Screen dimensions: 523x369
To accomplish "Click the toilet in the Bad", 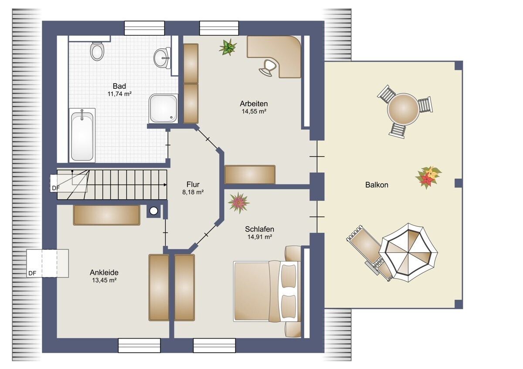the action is click(97, 51).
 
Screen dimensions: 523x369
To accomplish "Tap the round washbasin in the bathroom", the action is click(162, 58).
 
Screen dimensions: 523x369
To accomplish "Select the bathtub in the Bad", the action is click(82, 135).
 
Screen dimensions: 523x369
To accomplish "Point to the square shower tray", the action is click(163, 108).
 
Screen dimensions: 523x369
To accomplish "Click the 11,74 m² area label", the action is click(119, 94).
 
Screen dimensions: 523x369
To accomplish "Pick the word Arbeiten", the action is click(254, 104).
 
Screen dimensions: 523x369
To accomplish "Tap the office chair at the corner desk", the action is click(268, 67).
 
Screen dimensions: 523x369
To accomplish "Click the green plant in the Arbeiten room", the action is click(228, 47).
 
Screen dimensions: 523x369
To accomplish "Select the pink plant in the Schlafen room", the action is click(239, 203).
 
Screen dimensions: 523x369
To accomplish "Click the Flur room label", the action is click(193, 184).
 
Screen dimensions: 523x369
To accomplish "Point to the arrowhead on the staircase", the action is click(165, 185).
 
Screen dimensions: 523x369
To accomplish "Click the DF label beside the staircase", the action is click(56, 188).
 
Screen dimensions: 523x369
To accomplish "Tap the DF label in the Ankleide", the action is click(32, 273).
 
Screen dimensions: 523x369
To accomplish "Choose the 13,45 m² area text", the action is click(104, 280).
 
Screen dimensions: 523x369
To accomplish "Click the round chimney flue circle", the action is click(153, 211).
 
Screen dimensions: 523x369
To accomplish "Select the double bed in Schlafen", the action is click(267, 292).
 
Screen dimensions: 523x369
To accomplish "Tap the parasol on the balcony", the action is click(408, 252).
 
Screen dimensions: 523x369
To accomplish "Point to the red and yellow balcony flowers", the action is click(428, 177).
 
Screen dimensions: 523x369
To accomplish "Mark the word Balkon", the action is click(377, 185).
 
